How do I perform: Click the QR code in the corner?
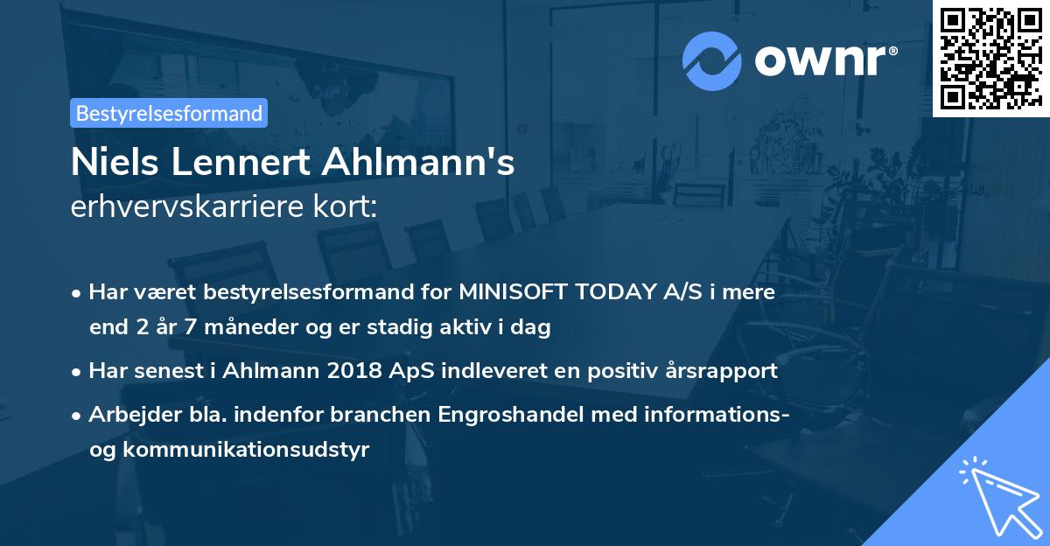point(990,58)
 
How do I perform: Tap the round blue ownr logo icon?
point(712,60)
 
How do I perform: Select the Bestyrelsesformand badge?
point(169,113)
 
